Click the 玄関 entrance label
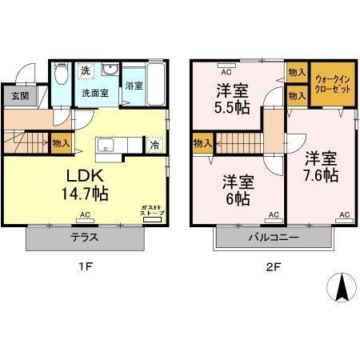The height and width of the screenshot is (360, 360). (18, 96)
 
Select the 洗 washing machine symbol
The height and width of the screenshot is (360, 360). (86, 70)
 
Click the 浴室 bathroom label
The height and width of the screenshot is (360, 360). (134, 86)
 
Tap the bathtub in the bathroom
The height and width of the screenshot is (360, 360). (156, 82)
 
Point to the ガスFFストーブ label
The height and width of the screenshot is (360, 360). (149, 210)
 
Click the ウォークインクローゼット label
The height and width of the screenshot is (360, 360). (330, 83)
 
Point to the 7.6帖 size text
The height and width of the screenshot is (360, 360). (322, 174)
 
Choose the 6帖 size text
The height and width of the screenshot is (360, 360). (237, 198)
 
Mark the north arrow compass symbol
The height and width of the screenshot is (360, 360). (341, 286)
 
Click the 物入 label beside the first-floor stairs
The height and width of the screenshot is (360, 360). (61, 143)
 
